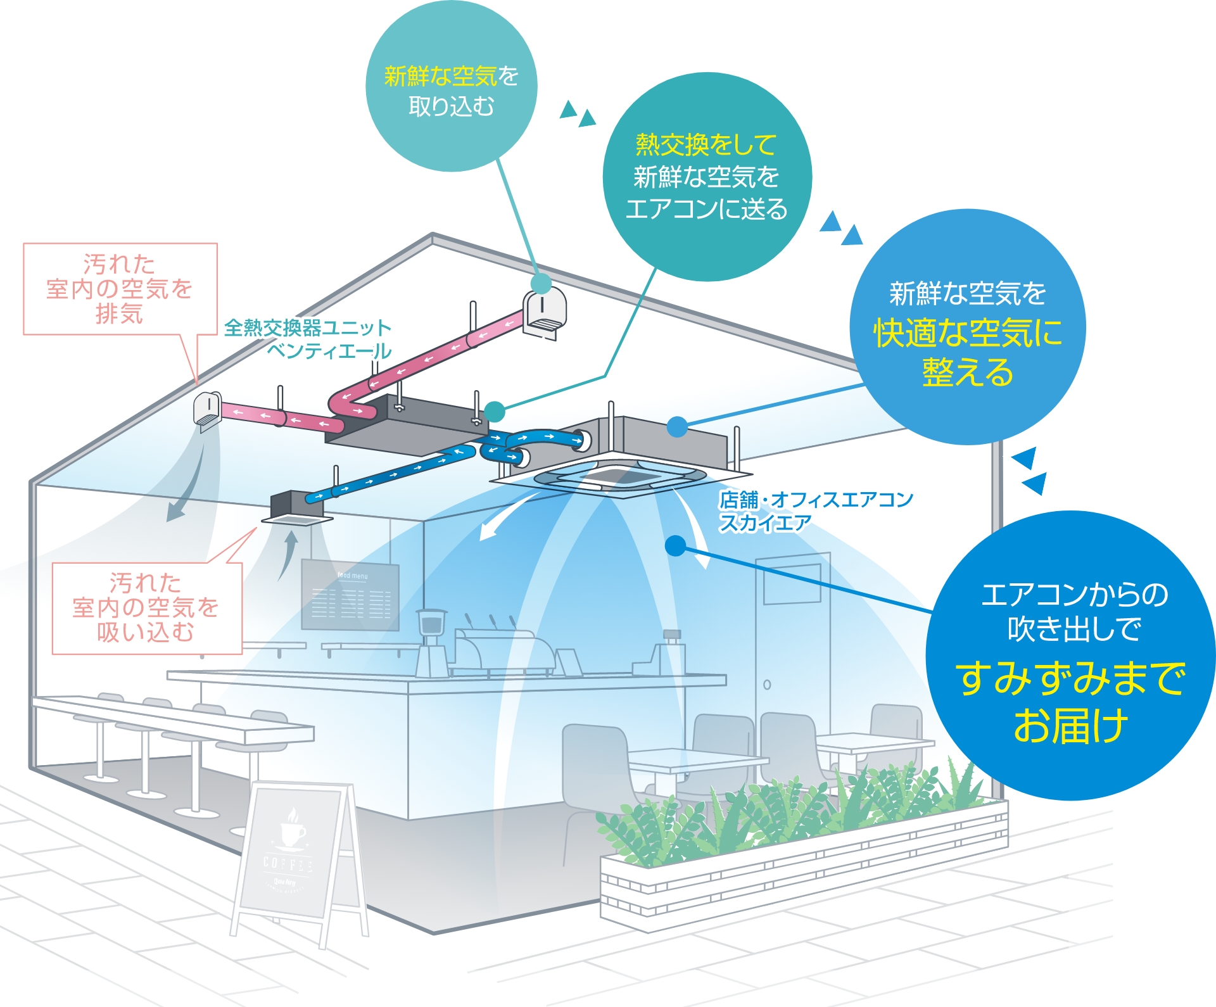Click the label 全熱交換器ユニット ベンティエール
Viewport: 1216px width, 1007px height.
[x=308, y=339]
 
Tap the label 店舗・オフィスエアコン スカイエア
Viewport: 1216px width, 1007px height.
[x=815, y=511]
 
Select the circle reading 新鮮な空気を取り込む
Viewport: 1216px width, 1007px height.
[x=451, y=86]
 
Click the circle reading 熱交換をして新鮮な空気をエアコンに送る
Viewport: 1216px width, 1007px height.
[x=706, y=177]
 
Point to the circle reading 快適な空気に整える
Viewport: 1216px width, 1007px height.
[x=967, y=327]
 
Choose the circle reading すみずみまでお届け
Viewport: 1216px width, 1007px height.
[x=1070, y=655]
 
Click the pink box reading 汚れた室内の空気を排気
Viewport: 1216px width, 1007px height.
[x=120, y=289]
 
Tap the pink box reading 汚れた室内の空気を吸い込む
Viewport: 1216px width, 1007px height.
[x=147, y=608]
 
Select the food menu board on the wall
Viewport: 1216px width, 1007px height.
[x=350, y=595]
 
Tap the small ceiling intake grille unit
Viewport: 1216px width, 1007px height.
[x=296, y=509]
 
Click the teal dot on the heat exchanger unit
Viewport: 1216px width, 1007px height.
[x=494, y=412]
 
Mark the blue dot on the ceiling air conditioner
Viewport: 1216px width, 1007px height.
[x=677, y=427]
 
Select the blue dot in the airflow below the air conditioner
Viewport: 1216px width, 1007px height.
[x=675, y=545]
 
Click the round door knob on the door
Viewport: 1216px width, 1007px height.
[x=767, y=685]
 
